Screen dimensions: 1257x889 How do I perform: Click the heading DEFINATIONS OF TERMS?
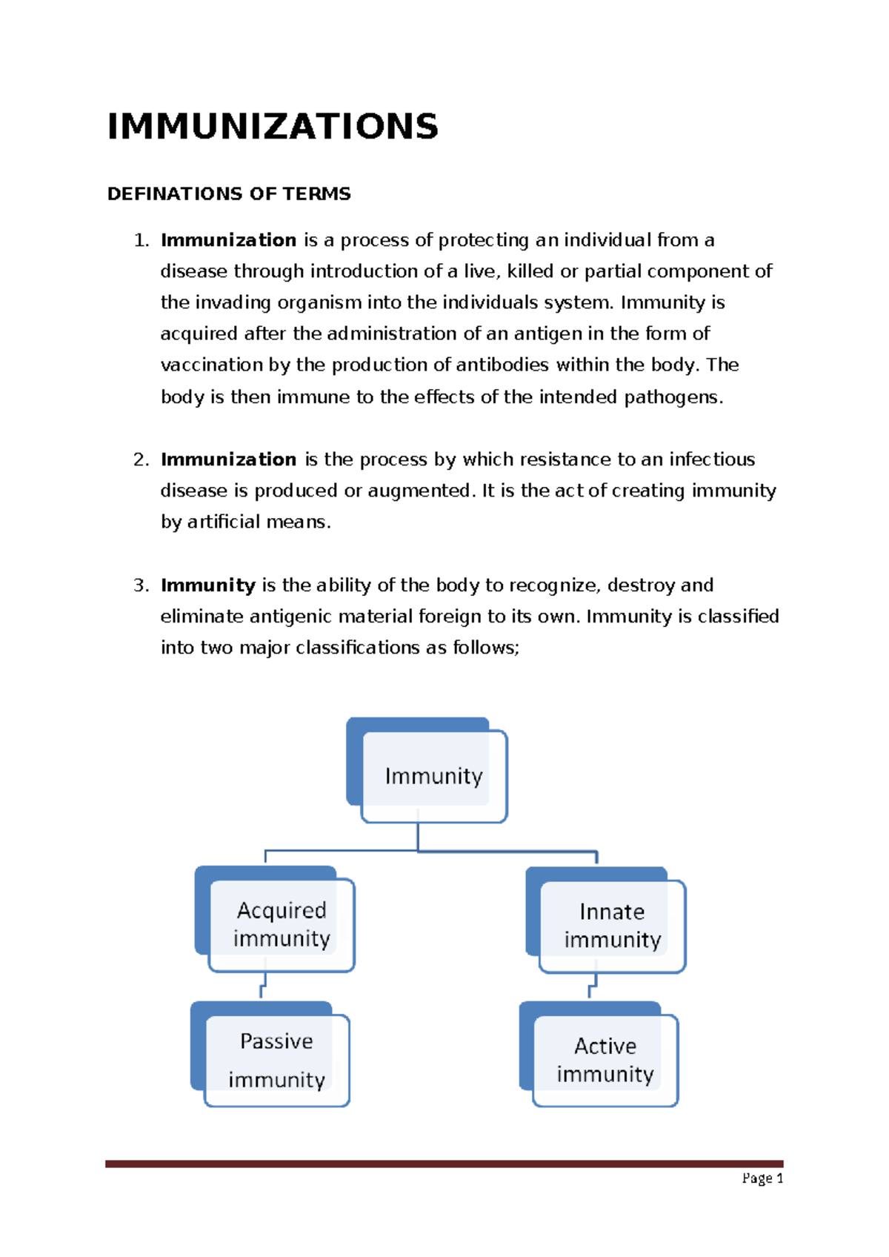(x=229, y=194)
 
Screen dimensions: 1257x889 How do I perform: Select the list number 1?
(x=141, y=241)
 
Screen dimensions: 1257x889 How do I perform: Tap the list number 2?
(x=141, y=460)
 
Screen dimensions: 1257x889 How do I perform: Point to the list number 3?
(x=141, y=586)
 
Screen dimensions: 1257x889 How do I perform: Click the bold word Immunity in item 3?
(x=207, y=586)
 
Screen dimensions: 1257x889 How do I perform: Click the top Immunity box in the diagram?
(x=433, y=776)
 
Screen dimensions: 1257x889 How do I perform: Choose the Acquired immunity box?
(x=282, y=924)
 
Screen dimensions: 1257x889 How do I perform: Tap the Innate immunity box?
(x=612, y=926)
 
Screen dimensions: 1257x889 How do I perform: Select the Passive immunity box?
(x=276, y=1060)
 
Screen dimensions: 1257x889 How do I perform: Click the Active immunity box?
(x=605, y=1060)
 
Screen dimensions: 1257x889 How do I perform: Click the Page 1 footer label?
(x=762, y=1178)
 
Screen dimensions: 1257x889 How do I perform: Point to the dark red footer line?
(x=444, y=1164)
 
